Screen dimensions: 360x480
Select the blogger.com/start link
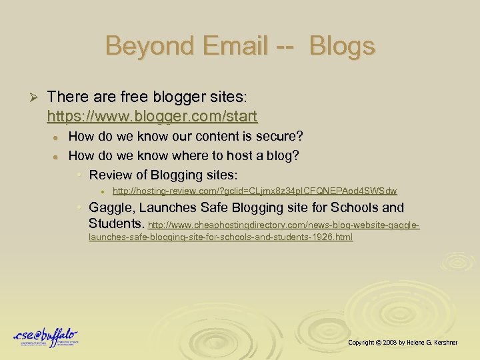point(152,117)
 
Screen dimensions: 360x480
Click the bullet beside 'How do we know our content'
point(58,137)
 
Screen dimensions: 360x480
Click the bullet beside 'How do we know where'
point(58,157)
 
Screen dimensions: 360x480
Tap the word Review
point(111,175)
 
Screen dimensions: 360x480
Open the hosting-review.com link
point(255,191)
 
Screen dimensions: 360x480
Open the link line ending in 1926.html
point(221,237)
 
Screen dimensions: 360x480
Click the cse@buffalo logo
point(45,337)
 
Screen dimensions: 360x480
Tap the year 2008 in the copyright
point(391,342)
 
